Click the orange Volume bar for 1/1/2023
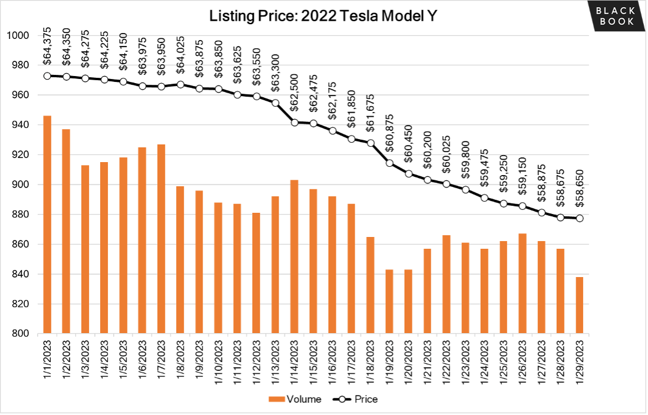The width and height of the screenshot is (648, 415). pos(47,225)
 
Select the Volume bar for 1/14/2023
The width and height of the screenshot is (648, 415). pos(294,256)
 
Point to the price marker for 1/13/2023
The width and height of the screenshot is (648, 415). pos(275,103)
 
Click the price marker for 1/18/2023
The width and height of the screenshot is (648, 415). pos(370,143)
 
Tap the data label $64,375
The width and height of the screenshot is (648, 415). pos(48,45)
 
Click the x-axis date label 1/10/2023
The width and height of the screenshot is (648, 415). pos(218,361)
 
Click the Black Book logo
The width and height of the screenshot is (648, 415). pos(614,16)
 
